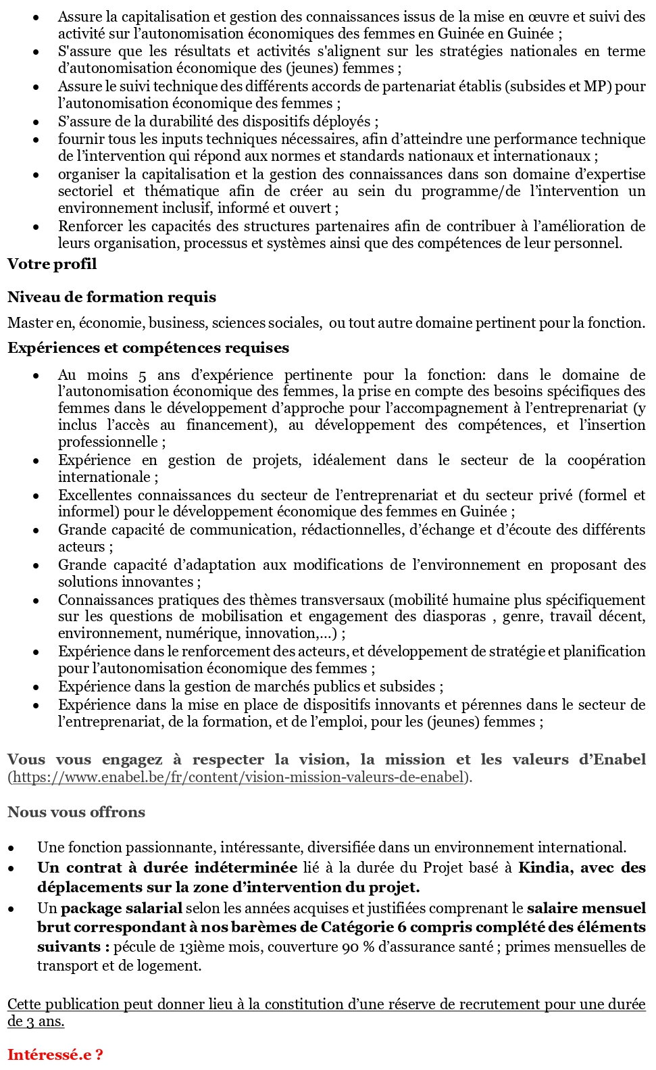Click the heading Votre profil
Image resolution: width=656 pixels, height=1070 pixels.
52,264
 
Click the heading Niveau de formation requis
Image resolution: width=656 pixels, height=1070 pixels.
112,297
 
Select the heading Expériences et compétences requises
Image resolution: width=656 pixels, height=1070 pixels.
148,348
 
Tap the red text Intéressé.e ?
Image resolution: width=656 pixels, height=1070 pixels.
55,1054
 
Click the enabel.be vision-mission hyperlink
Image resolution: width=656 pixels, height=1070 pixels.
239,777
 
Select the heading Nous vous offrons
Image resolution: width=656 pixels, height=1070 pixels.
76,812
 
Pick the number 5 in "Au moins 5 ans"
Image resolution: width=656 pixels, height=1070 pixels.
142,375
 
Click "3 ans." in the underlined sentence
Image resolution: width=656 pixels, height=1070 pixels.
45,1021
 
